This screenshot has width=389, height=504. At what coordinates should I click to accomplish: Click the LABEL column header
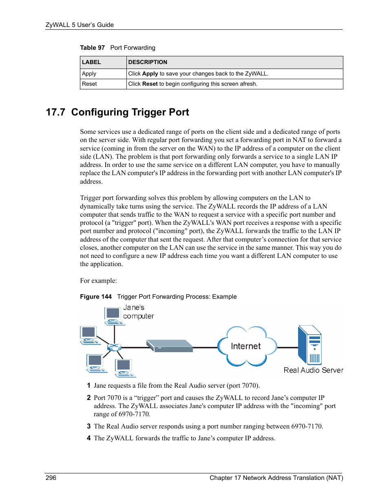pyautogui.click(x=91, y=62)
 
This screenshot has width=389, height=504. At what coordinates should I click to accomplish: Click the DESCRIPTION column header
pyautogui.click(x=148, y=62)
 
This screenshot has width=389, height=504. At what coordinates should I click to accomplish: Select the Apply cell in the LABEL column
pyautogui.click(x=89, y=74)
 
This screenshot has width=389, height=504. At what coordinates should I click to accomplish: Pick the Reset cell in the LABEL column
pyautogui.click(x=89, y=84)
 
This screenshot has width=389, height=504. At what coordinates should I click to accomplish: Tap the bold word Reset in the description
pyautogui.click(x=150, y=84)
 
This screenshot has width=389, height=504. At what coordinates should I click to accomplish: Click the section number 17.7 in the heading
pyautogui.click(x=55, y=112)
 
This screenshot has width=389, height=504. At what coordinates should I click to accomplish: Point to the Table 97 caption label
pyautogui.click(x=92, y=48)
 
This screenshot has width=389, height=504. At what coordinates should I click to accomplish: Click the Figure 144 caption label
pyautogui.click(x=95, y=297)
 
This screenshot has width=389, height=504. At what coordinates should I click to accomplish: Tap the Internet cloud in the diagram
pyautogui.click(x=246, y=346)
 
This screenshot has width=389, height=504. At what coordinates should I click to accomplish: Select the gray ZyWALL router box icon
pyautogui.click(x=170, y=346)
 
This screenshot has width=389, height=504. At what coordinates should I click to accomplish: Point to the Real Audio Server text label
pyautogui.click(x=313, y=370)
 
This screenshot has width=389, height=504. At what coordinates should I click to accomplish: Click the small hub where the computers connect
pyautogui.click(x=114, y=347)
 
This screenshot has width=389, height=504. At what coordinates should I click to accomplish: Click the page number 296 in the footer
pyautogui.click(x=51, y=478)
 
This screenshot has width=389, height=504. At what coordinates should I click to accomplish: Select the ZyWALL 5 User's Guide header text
pyautogui.click(x=80, y=25)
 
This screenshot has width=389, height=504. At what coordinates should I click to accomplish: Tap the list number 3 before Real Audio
pyautogui.click(x=88, y=426)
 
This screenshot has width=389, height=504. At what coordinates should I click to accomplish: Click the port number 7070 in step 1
pyautogui.click(x=249, y=386)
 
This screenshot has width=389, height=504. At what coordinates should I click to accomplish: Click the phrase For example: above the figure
pyautogui.click(x=98, y=281)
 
